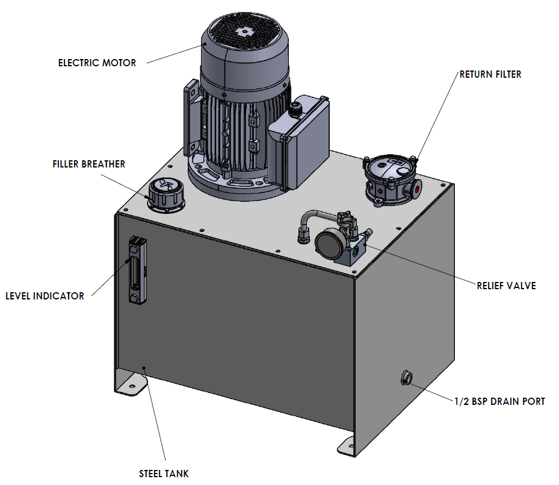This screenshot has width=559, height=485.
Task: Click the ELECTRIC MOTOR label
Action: [x=97, y=63]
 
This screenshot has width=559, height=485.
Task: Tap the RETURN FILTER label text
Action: [x=490, y=75]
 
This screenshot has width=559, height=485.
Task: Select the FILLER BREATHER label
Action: [x=89, y=164]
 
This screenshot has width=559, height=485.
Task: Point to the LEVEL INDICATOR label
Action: [x=45, y=296]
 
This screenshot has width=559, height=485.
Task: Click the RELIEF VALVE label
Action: [x=507, y=286]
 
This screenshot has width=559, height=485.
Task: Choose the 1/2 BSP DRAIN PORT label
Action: [x=500, y=402]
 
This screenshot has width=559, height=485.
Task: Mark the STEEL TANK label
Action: [x=164, y=474]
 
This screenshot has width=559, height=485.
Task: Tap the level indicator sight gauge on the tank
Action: [x=138, y=270]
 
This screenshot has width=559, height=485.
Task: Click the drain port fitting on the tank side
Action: [x=406, y=378]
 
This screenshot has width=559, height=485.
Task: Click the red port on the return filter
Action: [x=416, y=189]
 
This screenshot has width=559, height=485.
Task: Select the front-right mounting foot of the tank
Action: [x=348, y=446]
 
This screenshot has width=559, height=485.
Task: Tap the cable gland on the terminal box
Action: [x=295, y=108]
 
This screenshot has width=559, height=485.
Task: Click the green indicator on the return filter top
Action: [x=381, y=166]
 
